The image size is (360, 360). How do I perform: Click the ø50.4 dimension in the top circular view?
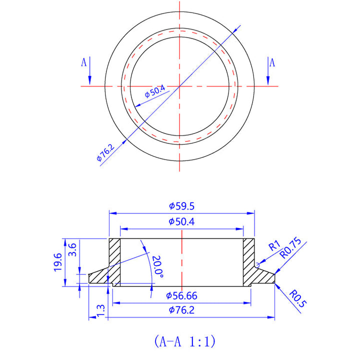(x=154, y=91)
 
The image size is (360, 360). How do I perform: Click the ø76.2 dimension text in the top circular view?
(x=105, y=152)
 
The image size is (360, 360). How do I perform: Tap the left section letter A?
(x=84, y=62)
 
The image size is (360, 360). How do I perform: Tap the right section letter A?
(x=272, y=62)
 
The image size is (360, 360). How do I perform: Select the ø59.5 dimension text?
(x=182, y=206)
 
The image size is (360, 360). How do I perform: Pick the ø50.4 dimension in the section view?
(x=182, y=221)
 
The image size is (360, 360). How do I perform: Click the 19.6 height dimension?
(x=58, y=262)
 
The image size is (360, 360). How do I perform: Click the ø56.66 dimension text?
(x=182, y=296)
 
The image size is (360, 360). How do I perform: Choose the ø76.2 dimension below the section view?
(x=182, y=310)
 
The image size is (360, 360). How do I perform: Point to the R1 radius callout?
(x=273, y=246)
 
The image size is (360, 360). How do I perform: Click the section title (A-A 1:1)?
(x=184, y=341)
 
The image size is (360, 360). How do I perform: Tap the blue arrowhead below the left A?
(x=90, y=80)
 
